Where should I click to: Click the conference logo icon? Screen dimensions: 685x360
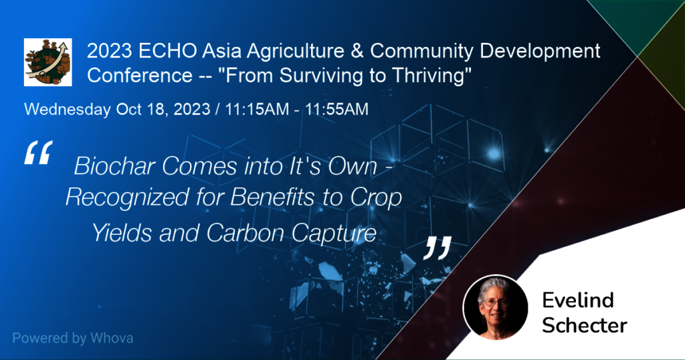click(48, 62)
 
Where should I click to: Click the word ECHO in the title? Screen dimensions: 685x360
click(168, 51)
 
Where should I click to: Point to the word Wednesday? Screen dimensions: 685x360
click(68, 109)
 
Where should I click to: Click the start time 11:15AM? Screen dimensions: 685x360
click(257, 109)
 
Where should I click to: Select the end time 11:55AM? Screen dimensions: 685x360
click(337, 109)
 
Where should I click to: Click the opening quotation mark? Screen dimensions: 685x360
click(38, 153)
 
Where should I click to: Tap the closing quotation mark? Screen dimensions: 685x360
click(437, 248)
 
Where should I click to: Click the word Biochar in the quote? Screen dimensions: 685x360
click(115, 167)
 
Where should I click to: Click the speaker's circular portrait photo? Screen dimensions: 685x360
click(496, 308)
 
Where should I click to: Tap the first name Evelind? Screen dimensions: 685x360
click(578, 300)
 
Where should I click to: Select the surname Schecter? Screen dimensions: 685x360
click(585, 325)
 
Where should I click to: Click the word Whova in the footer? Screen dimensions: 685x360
click(112, 338)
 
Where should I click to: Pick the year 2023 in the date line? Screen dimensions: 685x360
click(192, 109)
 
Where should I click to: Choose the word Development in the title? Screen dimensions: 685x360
click(540, 52)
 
